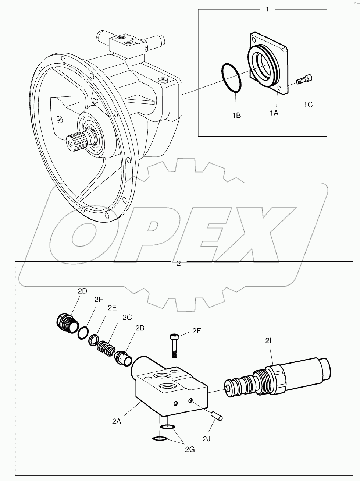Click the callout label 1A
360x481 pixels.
pyautogui.click(x=274, y=113)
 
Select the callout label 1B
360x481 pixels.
pyautogui.click(x=236, y=115)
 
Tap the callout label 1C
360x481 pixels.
pyautogui.click(x=308, y=105)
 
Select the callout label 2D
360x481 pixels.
pyautogui.click(x=82, y=291)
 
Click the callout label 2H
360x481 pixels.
pyautogui.click(x=99, y=300)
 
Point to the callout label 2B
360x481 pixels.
pyautogui.click(x=140, y=328)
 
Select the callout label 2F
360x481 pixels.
pyautogui.click(x=196, y=331)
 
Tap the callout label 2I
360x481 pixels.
pyautogui.click(x=268, y=341)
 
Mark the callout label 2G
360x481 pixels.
pyautogui.click(x=190, y=449)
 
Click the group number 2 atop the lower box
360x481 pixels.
pyautogui.click(x=179, y=264)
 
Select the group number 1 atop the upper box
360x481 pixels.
pyautogui.click(x=267, y=9)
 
